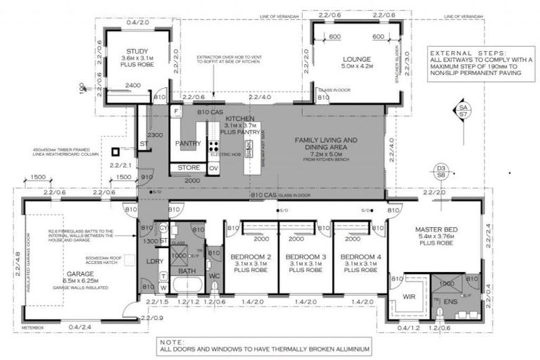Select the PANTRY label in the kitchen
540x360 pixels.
coord(188,143)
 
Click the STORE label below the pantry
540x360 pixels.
coord(188,168)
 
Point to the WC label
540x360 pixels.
coord(214,276)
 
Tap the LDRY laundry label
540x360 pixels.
coord(155,262)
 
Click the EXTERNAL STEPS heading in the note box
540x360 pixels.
coord(468,53)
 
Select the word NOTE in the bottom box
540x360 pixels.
coord(176,340)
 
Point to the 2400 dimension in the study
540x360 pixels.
coord(134,86)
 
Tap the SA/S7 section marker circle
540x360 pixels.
coord(462,110)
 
